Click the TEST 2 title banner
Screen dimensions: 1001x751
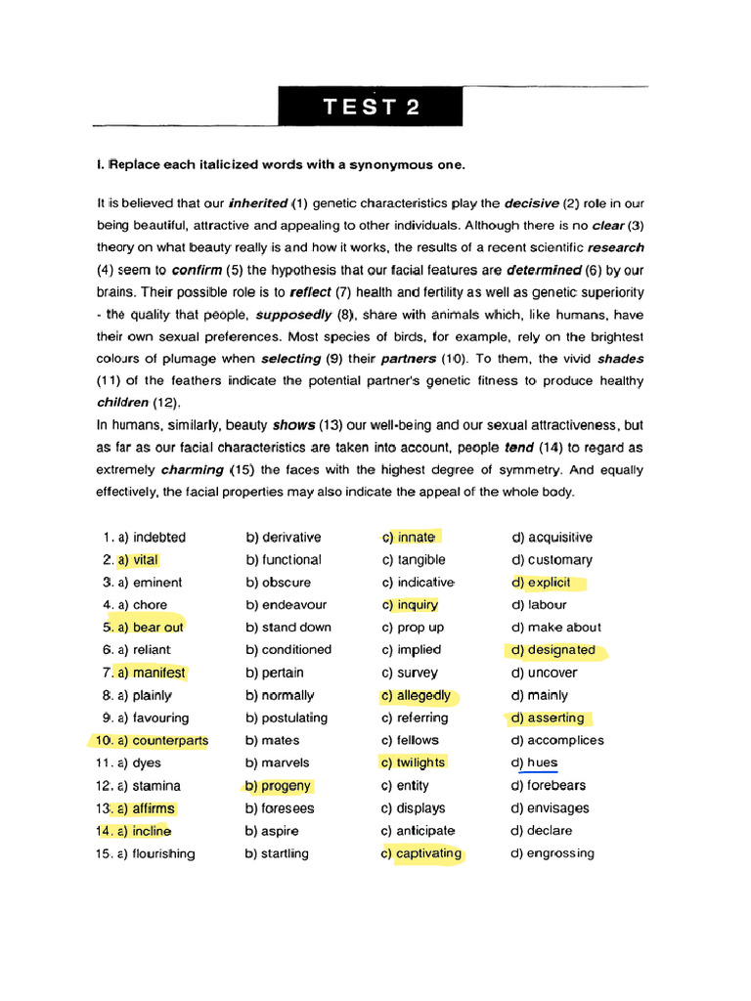pos(371,107)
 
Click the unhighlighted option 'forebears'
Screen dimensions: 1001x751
pos(556,786)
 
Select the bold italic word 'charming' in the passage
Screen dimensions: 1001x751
pos(192,470)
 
